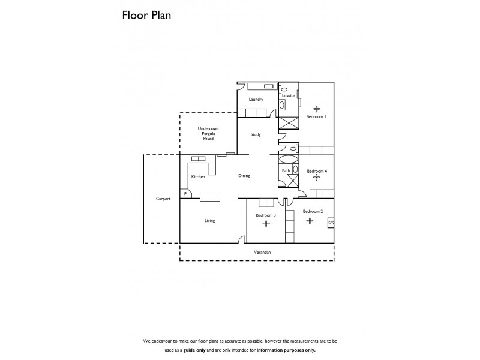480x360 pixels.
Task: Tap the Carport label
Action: point(163,199)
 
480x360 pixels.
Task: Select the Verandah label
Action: point(263,253)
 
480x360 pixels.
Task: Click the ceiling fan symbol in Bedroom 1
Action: point(316,107)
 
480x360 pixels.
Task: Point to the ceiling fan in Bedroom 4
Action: point(316,178)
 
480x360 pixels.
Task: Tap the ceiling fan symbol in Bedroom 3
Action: point(266,224)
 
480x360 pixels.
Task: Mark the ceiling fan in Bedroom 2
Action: point(310,221)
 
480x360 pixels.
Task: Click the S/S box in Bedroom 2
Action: point(330,223)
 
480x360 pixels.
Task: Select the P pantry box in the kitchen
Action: point(185,194)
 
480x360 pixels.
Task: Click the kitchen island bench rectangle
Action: point(210,196)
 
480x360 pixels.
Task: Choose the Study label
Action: point(256,134)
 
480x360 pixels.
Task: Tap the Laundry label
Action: point(256,100)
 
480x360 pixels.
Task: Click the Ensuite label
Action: point(288,95)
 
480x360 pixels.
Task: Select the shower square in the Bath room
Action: point(286,181)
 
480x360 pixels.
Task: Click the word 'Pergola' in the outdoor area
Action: point(208,134)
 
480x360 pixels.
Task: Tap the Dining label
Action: point(244,176)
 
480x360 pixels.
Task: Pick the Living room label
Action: point(209,221)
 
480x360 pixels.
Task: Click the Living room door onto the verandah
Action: point(242,239)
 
